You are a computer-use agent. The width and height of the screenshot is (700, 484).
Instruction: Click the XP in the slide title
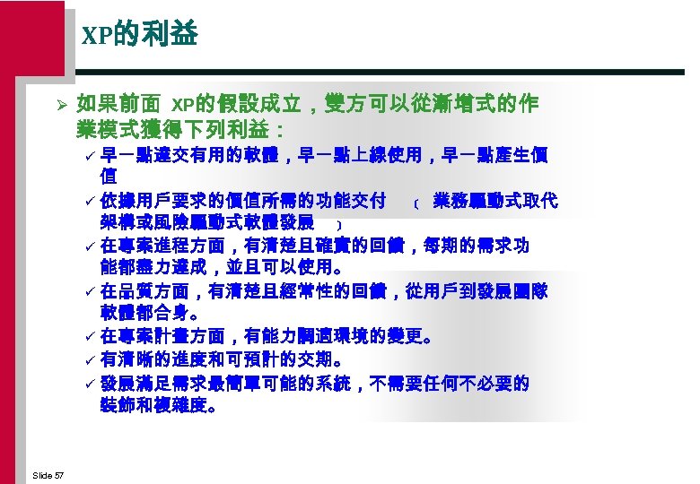[96, 37]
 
